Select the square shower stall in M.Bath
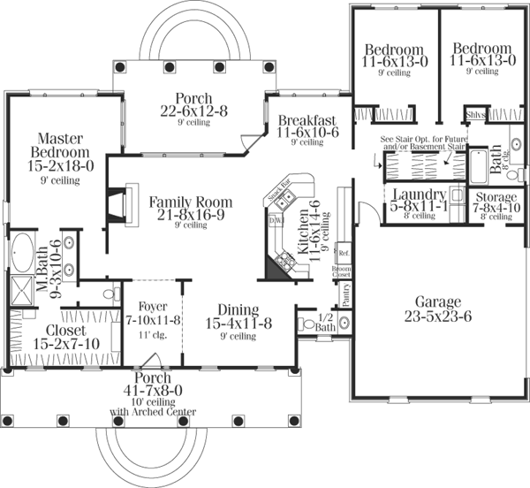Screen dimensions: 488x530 pyautogui.click(x=21, y=288)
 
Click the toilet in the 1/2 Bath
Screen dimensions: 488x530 pyautogui.click(x=308, y=324)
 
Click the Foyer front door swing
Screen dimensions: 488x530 pyautogui.click(x=152, y=359)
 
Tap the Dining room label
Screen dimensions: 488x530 pyautogui.click(x=231, y=310)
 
